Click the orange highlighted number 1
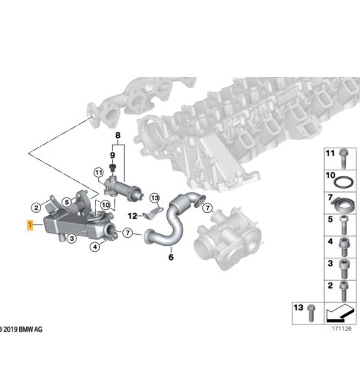click(x=30, y=225)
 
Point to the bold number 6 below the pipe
click(x=171, y=257)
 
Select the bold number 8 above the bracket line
click(x=118, y=135)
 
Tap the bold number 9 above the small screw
click(x=112, y=155)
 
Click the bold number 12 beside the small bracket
click(x=133, y=216)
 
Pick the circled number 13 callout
click(x=155, y=198)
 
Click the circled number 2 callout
click(x=37, y=208)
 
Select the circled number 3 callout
click(x=72, y=238)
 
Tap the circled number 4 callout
click(x=95, y=247)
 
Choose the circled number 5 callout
click(x=67, y=203)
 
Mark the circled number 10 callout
click(x=106, y=205)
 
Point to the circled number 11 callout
click(x=98, y=173)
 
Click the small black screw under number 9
click(x=112, y=167)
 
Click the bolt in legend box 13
click(x=311, y=313)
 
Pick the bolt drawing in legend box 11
click(x=343, y=159)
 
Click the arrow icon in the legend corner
click(x=340, y=313)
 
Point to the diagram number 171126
click(x=342, y=328)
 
